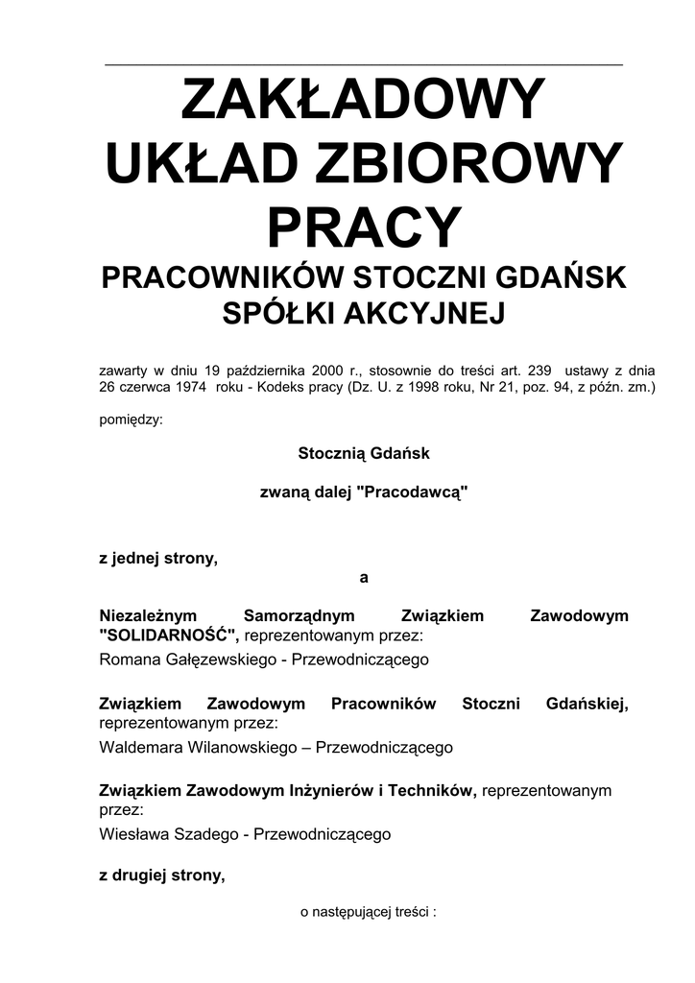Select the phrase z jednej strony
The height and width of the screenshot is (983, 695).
(158, 559)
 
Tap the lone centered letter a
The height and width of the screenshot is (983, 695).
(363, 577)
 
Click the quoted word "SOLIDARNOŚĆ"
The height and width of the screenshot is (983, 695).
(169, 635)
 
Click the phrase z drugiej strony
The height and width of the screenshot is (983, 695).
(162, 875)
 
